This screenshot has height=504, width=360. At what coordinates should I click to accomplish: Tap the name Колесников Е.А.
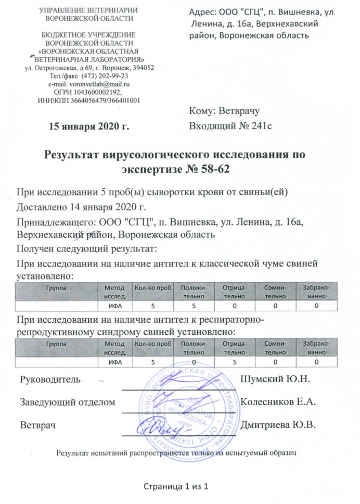[x=279, y=401]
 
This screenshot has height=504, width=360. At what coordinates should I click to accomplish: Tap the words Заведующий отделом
[x=67, y=401]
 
